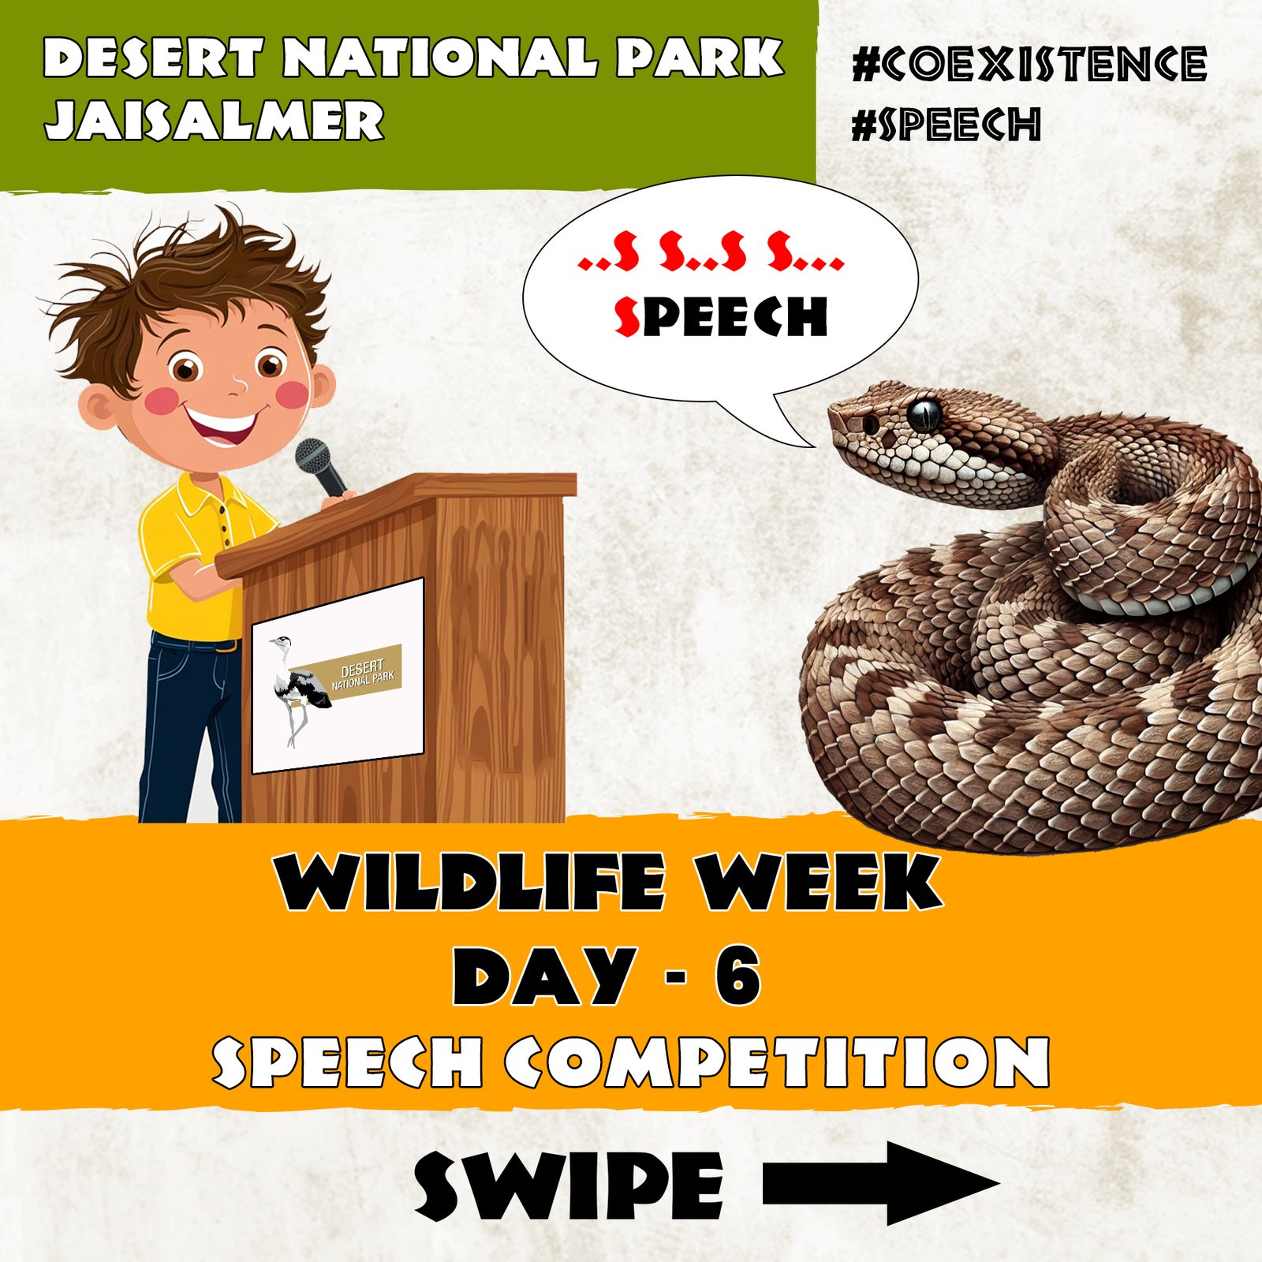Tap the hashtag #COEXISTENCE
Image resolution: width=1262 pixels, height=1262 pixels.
click(x=1029, y=65)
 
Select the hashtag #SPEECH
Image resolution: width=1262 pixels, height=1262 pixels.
click(x=946, y=125)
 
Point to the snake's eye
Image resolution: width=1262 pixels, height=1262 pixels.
click(x=924, y=413)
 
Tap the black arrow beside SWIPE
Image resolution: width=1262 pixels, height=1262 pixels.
click(x=879, y=1182)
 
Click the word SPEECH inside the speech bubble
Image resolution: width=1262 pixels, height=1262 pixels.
click(x=720, y=317)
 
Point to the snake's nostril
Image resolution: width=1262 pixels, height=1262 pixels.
click(x=870, y=424)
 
